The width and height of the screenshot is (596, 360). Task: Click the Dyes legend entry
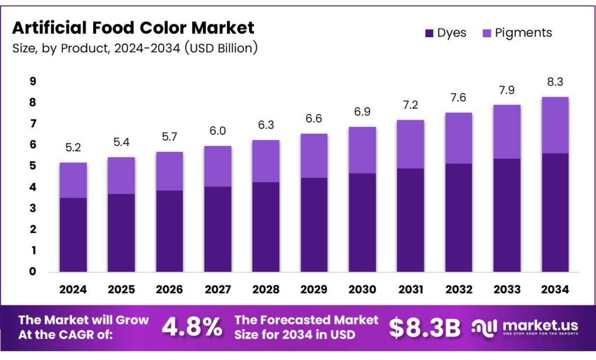pos(445,33)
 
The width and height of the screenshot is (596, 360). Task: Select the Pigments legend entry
pos(517,33)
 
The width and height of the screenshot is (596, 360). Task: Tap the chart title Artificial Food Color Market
pos(133,27)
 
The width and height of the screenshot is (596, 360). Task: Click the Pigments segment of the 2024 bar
pos(73,180)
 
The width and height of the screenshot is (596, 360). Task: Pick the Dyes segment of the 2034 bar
pos(555,212)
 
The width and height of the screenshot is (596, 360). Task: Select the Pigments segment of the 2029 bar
pos(314,155)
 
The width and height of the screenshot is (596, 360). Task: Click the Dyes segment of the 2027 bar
pos(218,229)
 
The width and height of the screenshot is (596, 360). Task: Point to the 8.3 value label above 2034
pos(555,82)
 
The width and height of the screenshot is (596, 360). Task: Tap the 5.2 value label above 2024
pos(73,148)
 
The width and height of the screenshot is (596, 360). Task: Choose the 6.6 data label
pos(314,119)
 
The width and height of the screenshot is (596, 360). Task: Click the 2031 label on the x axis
pos(410,289)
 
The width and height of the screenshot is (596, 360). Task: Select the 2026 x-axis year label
pos(169,289)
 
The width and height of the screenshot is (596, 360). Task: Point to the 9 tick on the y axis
pos(33,81)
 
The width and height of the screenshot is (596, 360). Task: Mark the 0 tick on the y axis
pos(33,272)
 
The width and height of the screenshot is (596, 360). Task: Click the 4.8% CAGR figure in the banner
pos(191,327)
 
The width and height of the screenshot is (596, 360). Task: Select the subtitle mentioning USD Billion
pos(134,48)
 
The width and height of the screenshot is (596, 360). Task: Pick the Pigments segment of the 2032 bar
pos(459,138)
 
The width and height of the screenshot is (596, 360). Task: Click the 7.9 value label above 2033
pos(506,90)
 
